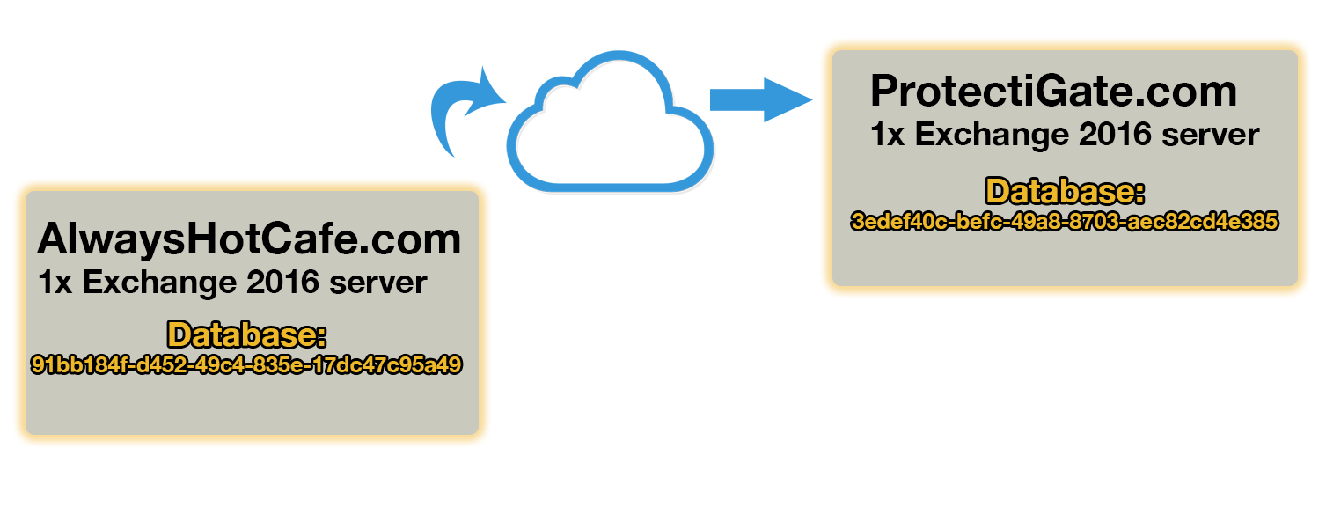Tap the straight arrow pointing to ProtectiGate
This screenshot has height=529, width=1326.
pyautogui.click(x=760, y=99)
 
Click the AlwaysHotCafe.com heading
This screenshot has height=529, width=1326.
pyautogui.click(x=249, y=239)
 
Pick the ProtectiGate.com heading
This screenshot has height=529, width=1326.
pyautogui.click(x=1053, y=92)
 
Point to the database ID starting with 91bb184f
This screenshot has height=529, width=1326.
pyautogui.click(x=246, y=364)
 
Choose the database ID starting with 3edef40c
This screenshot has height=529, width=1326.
pyautogui.click(x=1064, y=221)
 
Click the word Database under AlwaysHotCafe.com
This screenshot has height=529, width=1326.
pyautogui.click(x=247, y=335)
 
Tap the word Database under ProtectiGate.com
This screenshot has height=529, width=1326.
pyautogui.click(x=1065, y=192)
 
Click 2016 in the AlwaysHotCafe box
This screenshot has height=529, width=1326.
pyautogui.click(x=277, y=283)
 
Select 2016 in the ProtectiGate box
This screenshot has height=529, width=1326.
pyautogui.click(x=1110, y=135)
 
